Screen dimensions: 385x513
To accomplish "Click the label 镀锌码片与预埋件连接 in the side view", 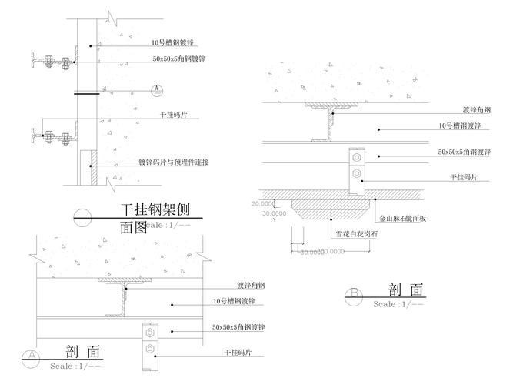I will point(174,162).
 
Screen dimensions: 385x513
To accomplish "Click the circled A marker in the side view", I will point(157,89).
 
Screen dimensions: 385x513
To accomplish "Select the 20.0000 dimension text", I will point(263,203).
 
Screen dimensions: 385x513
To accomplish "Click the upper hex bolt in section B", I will point(355,158).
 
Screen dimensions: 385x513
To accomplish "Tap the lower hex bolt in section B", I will point(355,175).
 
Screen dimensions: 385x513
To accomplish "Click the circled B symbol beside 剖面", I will point(355,293).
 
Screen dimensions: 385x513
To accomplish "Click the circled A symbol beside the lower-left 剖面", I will point(32,356).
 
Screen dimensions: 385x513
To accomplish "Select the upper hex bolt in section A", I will point(150,333).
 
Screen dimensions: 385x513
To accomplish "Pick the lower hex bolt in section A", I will point(150,351).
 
